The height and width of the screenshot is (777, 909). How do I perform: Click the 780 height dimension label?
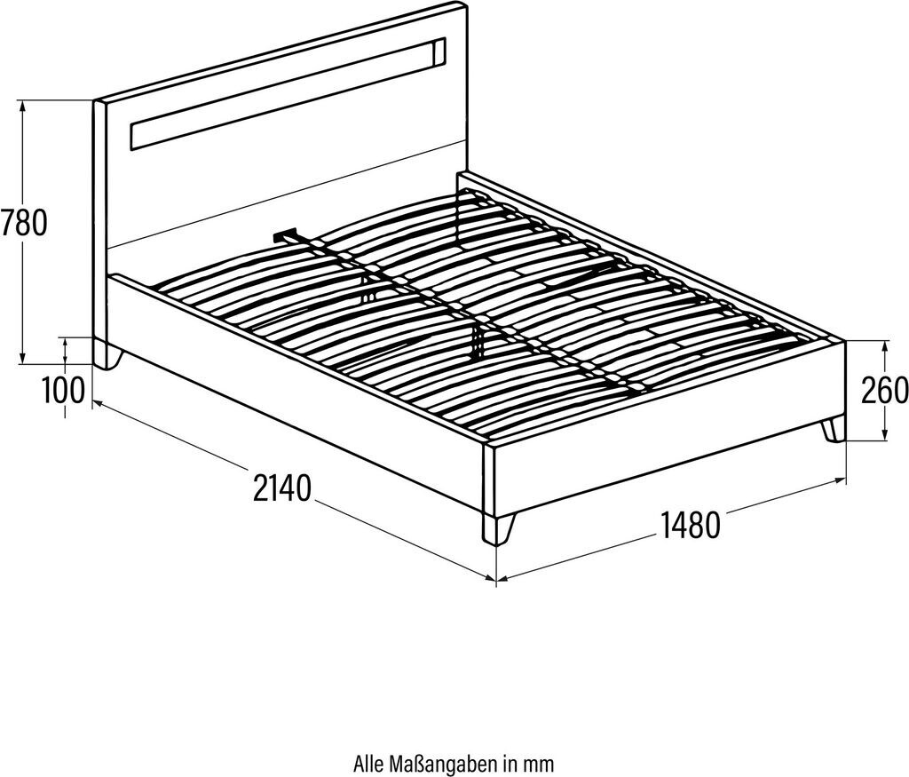pos(24,222)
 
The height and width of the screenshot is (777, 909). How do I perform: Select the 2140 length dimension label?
pos(282,488)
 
